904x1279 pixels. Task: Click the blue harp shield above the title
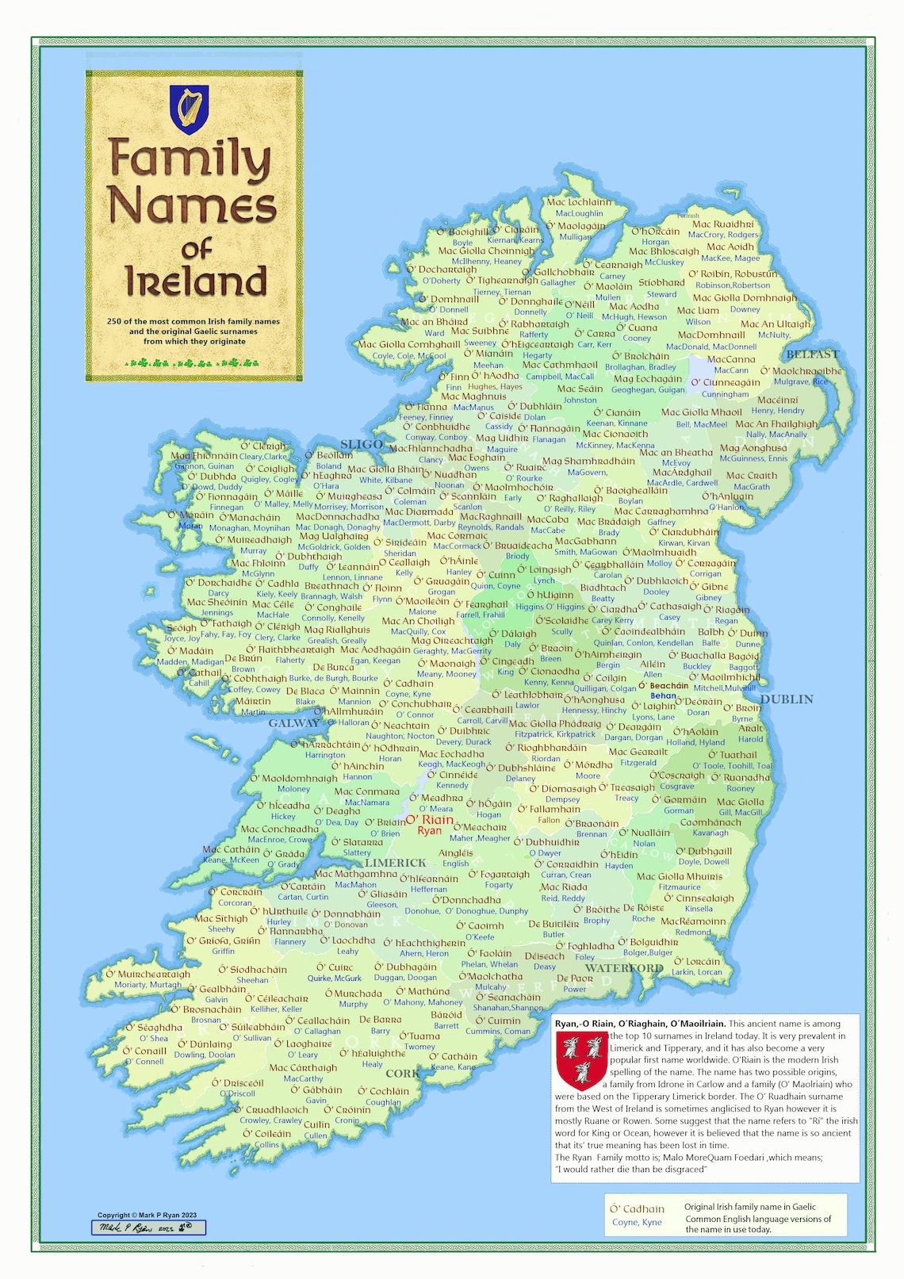point(190,109)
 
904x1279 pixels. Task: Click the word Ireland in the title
point(196,281)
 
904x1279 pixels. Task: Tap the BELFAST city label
point(812,354)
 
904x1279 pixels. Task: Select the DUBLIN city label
point(787,699)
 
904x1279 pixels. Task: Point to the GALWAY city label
point(293,723)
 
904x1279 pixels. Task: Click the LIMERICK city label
point(395,863)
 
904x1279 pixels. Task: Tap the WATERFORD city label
point(623,968)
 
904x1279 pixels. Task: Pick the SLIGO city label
point(362,444)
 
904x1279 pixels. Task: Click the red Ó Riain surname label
point(429,820)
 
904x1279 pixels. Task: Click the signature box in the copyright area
point(148,1227)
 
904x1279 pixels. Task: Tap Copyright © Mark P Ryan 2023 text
point(147,1215)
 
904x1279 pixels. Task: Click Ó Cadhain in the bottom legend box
point(637,1208)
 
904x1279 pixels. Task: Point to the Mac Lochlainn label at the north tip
point(579,202)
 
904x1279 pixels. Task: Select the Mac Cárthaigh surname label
point(303,1067)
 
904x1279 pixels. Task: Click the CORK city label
point(402,1074)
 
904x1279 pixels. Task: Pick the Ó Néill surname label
point(580,304)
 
